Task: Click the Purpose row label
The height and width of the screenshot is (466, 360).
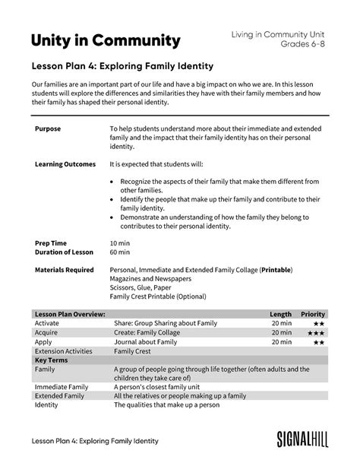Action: [48, 130]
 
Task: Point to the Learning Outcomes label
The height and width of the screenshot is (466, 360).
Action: [65, 163]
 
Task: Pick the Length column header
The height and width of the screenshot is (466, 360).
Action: [280, 313]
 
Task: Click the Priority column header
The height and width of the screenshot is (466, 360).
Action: [313, 313]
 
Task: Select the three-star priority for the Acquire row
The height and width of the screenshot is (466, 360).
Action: [317, 332]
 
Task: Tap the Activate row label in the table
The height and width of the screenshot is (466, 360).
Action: [47, 323]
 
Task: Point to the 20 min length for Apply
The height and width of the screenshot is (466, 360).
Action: [281, 342]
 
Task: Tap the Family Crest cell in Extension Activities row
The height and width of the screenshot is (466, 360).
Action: [132, 351]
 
